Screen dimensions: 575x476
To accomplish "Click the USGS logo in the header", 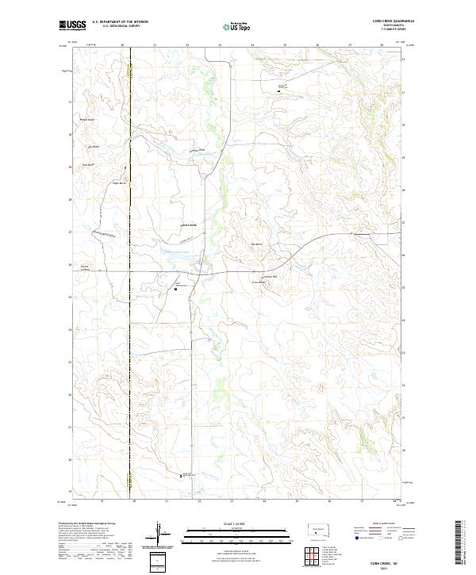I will pyautogui.click(x=72, y=25).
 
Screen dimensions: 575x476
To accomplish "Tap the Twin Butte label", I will pyautogui.click(x=94, y=147).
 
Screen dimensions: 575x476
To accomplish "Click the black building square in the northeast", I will pyautogui.click(x=278, y=91).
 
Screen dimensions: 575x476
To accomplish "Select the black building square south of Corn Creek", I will pyautogui.click(x=175, y=289).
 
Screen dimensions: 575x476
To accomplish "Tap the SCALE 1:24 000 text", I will pyautogui.click(x=227, y=522).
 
